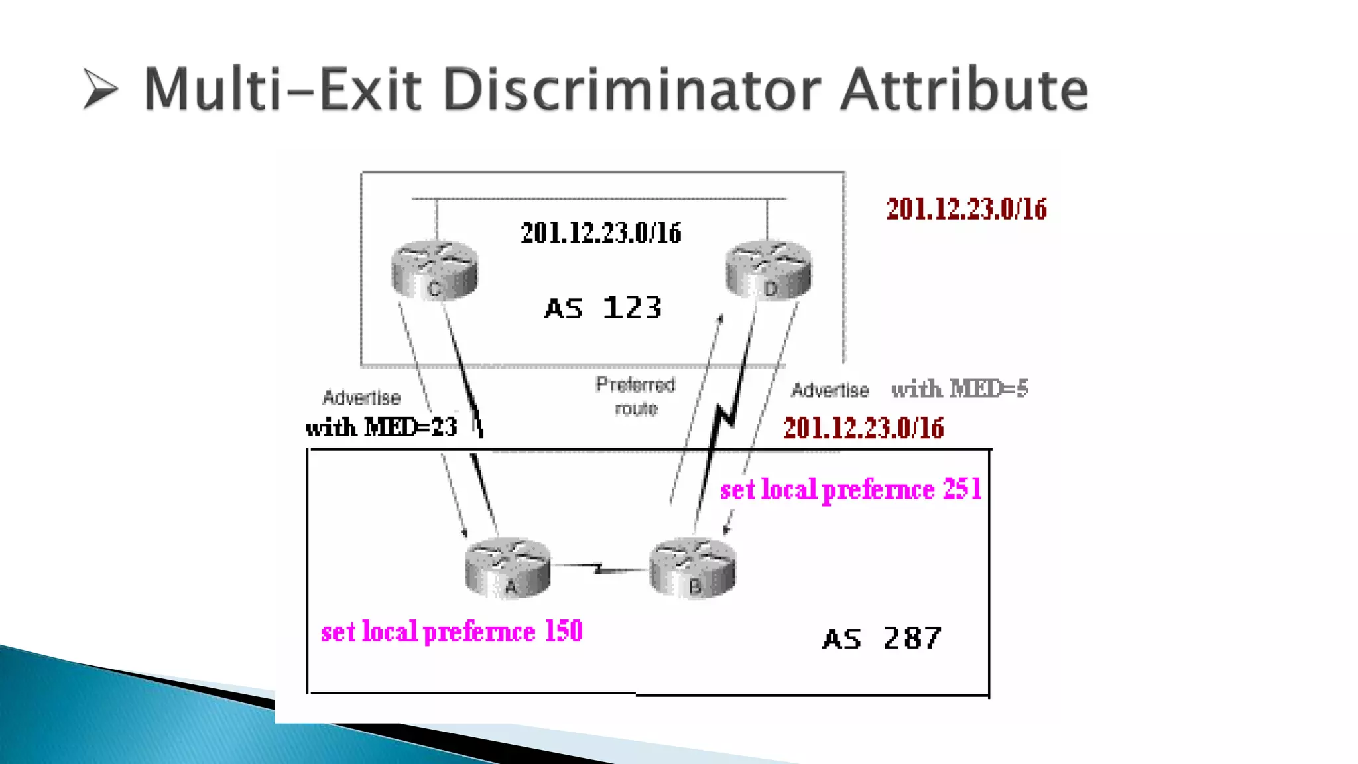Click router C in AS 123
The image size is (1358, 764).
[x=434, y=271]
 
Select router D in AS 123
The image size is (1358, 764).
[x=769, y=271]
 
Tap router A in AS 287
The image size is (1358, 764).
[x=508, y=569]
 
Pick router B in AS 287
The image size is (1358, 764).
[x=692, y=569]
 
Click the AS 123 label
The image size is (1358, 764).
[x=603, y=308]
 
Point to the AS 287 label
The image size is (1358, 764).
[x=881, y=639]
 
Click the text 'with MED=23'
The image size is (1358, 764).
[x=382, y=428]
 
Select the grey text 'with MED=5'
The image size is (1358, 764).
[x=959, y=389]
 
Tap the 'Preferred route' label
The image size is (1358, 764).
[x=635, y=396]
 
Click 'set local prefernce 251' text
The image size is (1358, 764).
[x=851, y=490]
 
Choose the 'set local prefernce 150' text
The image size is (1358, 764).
[x=452, y=631]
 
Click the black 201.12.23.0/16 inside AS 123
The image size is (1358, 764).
[x=601, y=233]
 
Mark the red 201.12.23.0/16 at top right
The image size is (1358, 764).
[x=966, y=209]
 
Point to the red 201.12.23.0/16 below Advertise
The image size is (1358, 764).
[x=863, y=428]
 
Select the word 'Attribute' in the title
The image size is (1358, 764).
[x=964, y=90]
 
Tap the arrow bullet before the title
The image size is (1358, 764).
[x=101, y=89]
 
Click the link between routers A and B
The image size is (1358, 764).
[x=600, y=568]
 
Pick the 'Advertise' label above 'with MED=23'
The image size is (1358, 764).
[x=361, y=397]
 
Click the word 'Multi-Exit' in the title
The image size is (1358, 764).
[x=282, y=90]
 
